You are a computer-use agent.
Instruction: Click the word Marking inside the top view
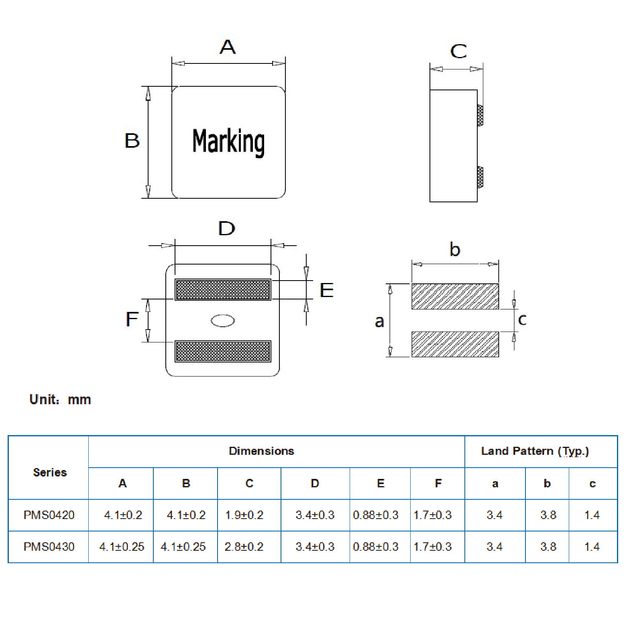(228, 142)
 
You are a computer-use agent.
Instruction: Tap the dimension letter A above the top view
(228, 47)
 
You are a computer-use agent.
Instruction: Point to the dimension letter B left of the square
(132, 141)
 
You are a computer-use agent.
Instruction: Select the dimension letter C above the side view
(458, 51)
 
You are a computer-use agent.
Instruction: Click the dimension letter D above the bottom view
(226, 228)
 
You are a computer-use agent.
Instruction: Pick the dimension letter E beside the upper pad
(326, 290)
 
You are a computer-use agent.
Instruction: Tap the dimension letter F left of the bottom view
(132, 320)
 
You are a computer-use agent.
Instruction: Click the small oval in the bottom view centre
(223, 320)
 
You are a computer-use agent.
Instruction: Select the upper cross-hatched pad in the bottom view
(223, 289)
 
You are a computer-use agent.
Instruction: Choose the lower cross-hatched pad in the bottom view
(223, 351)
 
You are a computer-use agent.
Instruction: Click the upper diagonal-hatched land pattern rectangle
(455, 296)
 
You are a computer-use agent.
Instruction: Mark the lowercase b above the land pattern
(454, 249)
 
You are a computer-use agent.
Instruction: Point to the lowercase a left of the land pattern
(379, 321)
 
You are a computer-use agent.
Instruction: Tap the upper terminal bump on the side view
(480, 116)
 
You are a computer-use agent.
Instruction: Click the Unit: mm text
(60, 399)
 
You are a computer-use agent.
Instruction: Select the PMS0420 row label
(49, 515)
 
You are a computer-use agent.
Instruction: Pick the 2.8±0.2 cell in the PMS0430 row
(244, 547)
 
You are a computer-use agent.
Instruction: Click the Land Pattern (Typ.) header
(535, 451)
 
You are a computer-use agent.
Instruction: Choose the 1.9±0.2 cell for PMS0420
(244, 515)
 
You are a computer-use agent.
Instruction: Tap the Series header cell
(50, 472)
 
